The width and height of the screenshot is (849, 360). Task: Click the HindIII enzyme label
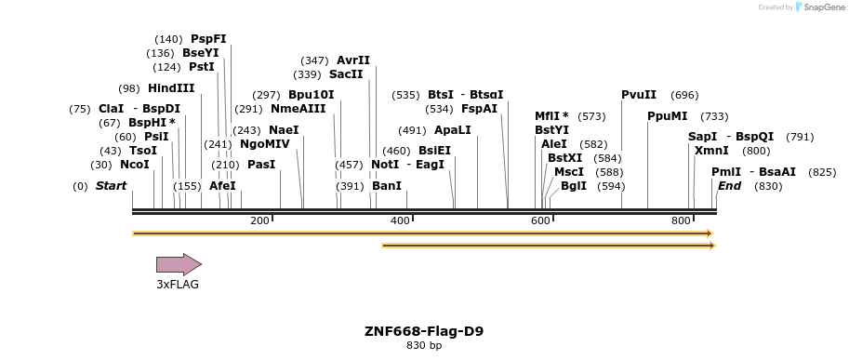click(171, 88)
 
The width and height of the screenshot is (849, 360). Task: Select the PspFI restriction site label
click(208, 39)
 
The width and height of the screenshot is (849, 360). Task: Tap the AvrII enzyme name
click(353, 60)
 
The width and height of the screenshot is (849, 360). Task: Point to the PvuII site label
click(639, 95)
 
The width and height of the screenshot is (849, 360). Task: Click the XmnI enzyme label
click(711, 151)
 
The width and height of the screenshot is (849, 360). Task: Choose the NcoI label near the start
click(134, 165)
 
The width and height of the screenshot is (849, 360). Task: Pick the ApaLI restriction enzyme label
click(453, 130)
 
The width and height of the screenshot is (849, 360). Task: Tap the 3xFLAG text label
click(178, 285)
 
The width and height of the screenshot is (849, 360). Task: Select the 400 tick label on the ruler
click(400, 220)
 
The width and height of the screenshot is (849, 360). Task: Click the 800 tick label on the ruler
click(681, 220)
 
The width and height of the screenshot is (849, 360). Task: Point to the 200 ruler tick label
click(259, 220)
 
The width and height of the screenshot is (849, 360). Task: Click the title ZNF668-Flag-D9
click(424, 331)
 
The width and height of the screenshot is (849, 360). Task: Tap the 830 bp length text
click(424, 346)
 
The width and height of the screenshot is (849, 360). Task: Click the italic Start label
click(111, 186)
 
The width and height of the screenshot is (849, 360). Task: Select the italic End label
click(729, 186)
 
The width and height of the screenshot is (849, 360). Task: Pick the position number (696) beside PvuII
click(684, 95)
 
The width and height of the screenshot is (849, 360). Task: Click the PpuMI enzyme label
click(668, 116)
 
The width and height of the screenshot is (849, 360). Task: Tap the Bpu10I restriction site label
click(311, 95)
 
